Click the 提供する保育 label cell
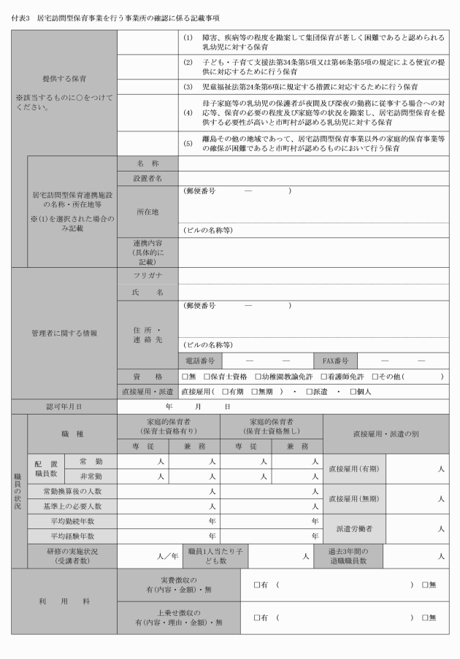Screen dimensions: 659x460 [x=64, y=75]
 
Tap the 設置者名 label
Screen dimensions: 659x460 [x=147, y=178]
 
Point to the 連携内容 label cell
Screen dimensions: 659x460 [x=147, y=252]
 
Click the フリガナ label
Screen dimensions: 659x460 [x=147, y=276]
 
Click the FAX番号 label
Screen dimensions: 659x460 [x=336, y=361]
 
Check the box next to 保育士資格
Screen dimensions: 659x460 [x=206, y=377]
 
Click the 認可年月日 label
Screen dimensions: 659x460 [x=64, y=406]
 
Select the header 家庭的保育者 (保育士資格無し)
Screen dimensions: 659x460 [x=271, y=427]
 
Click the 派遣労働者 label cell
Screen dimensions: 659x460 [x=353, y=528]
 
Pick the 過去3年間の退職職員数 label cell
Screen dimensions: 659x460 [x=353, y=556]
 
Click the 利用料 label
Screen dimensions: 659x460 [x=64, y=601]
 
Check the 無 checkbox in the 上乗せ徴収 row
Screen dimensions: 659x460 [x=424, y=617]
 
